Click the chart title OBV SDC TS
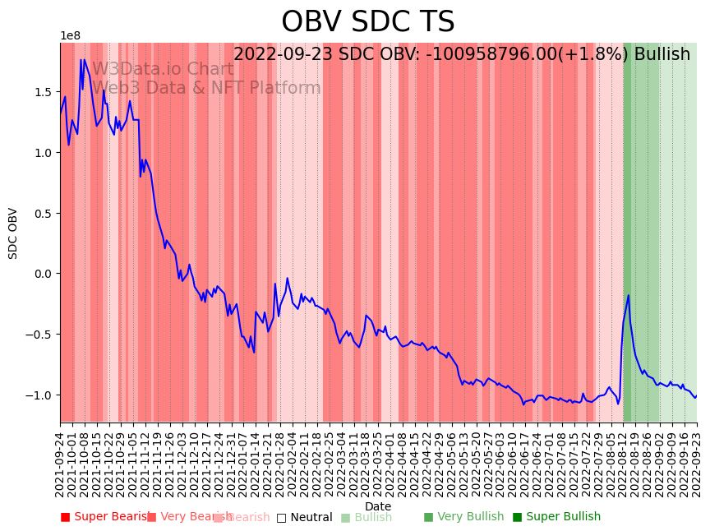click(x=367, y=22)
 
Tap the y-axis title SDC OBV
click(x=13, y=233)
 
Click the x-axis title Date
click(x=378, y=506)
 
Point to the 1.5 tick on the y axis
click(x=43, y=92)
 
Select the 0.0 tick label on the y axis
click(x=43, y=274)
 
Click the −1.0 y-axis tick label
click(x=39, y=395)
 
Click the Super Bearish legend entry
click(x=106, y=517)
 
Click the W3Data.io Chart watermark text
click(x=163, y=70)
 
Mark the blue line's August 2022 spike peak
click(x=629, y=295)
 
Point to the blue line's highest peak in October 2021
click(x=81, y=59)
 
